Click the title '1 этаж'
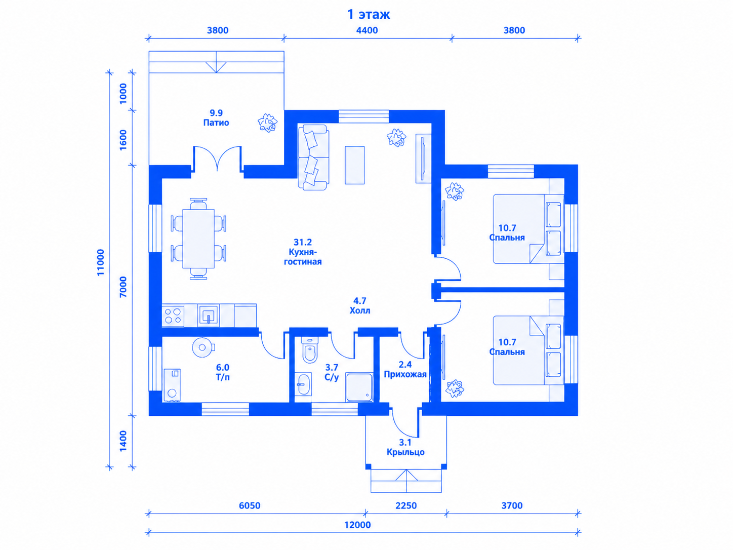click(369, 14)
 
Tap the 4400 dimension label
click(366, 30)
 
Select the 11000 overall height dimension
click(101, 262)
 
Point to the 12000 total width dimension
click(357, 525)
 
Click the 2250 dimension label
click(406, 505)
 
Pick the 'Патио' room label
click(216, 123)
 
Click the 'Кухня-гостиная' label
click(303, 256)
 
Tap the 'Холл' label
click(359, 310)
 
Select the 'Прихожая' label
click(405, 374)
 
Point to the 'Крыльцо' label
click(405, 452)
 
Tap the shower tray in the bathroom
click(359, 387)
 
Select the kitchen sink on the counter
click(209, 315)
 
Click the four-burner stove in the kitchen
click(173, 316)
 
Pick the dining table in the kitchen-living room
click(198, 239)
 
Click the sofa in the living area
click(313, 158)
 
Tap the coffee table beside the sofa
click(355, 165)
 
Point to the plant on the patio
click(267, 123)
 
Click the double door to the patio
click(217, 159)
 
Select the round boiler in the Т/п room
click(202, 347)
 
